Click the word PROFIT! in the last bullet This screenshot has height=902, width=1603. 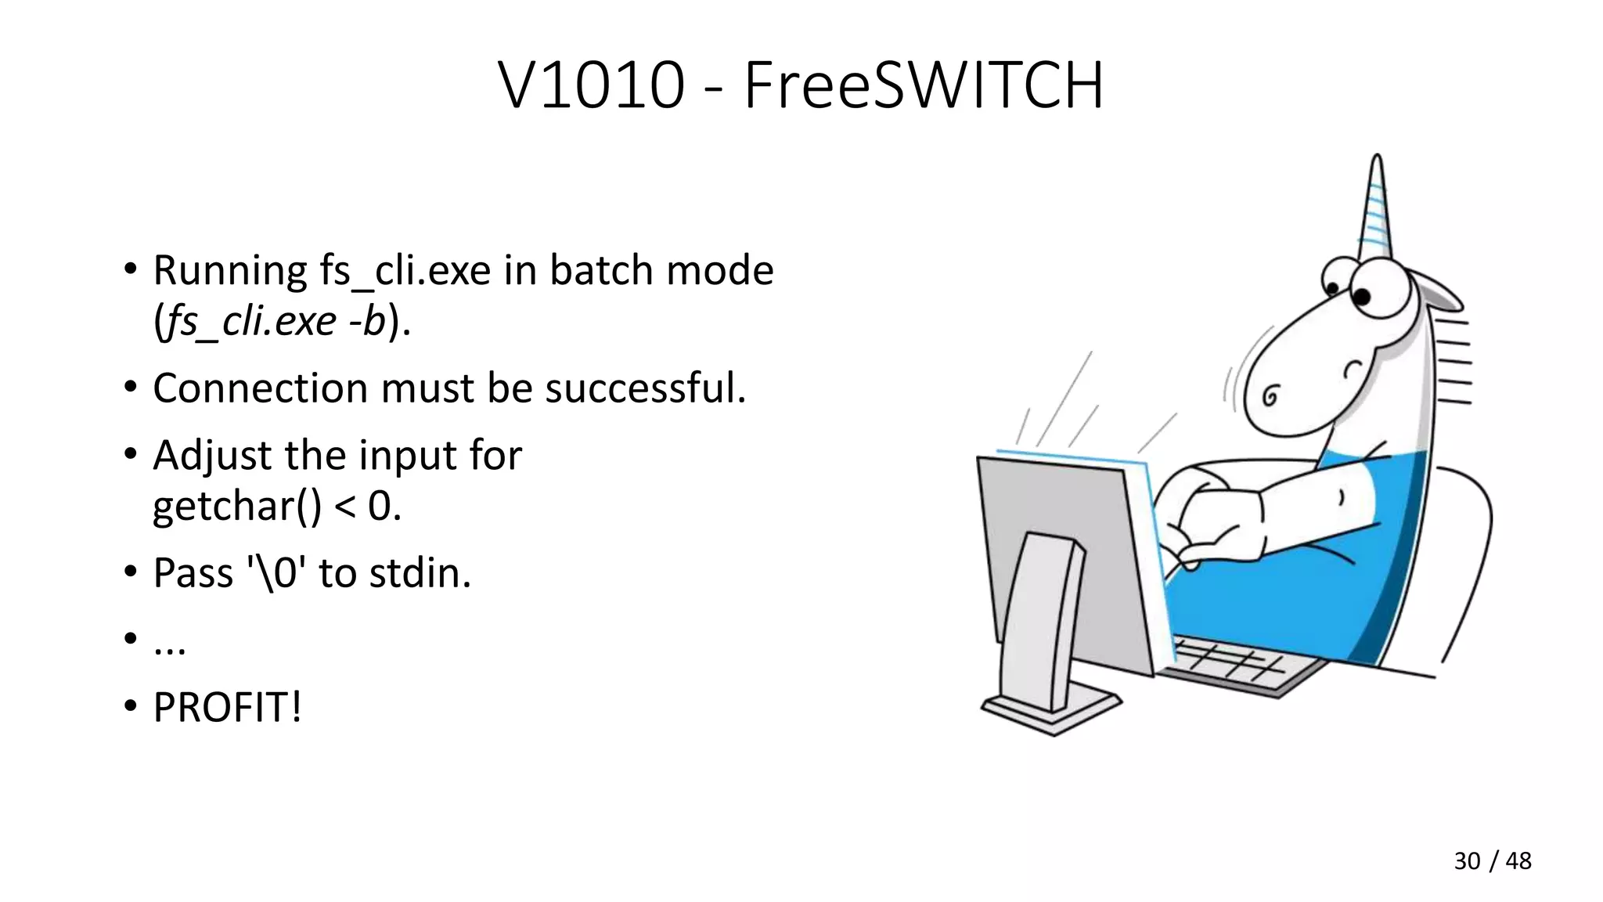coord(227,707)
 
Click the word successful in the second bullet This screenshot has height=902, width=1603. coord(644,388)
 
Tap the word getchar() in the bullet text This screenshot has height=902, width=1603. coord(236,506)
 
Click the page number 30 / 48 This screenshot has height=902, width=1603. coord(1492,861)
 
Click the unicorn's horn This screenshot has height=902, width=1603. coord(1376,207)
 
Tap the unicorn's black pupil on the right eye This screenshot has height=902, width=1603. coord(1361,297)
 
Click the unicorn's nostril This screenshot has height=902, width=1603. coord(1270,396)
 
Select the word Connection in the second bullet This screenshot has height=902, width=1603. coord(259,388)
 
